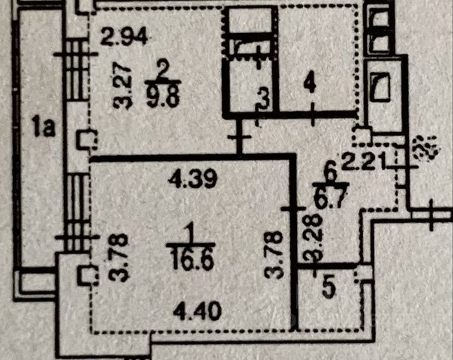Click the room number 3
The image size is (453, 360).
tap(262, 95)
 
